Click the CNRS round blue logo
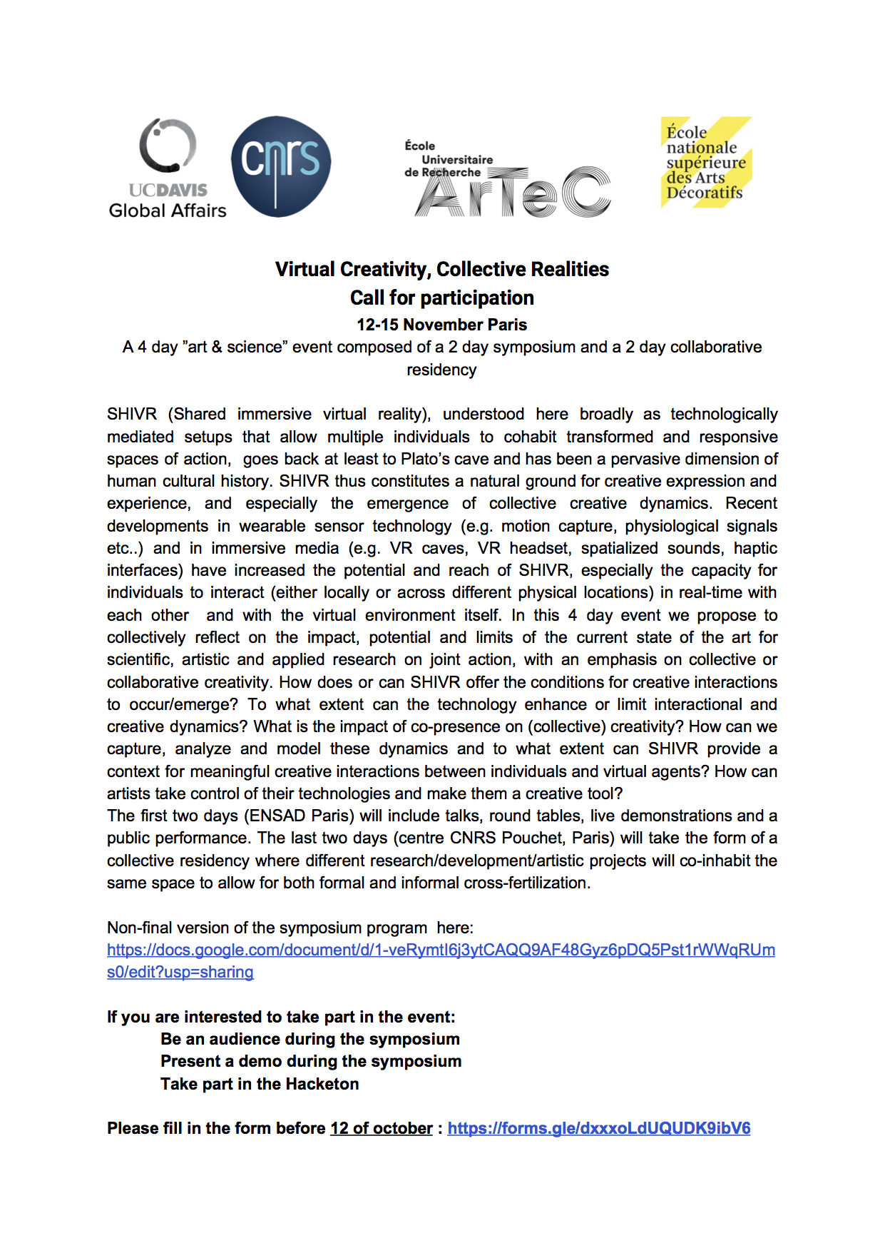pyautogui.click(x=281, y=166)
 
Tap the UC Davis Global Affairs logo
pyautogui.click(x=168, y=168)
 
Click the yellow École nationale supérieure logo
pyautogui.click(x=705, y=163)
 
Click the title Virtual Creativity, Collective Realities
pyautogui.click(x=442, y=269)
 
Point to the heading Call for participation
pyautogui.click(x=442, y=298)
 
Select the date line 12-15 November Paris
pyautogui.click(x=442, y=325)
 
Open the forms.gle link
pyautogui.click(x=598, y=1128)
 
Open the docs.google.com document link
pyautogui.click(x=441, y=950)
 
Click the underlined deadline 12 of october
pyautogui.click(x=382, y=1128)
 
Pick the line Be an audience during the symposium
pyautogui.click(x=310, y=1039)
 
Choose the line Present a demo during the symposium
pyautogui.click(x=311, y=1061)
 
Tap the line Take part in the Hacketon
pyautogui.click(x=260, y=1084)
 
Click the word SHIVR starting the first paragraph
pyautogui.click(x=132, y=414)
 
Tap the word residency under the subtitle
pyautogui.click(x=441, y=370)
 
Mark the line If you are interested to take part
pyautogui.click(x=281, y=1017)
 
